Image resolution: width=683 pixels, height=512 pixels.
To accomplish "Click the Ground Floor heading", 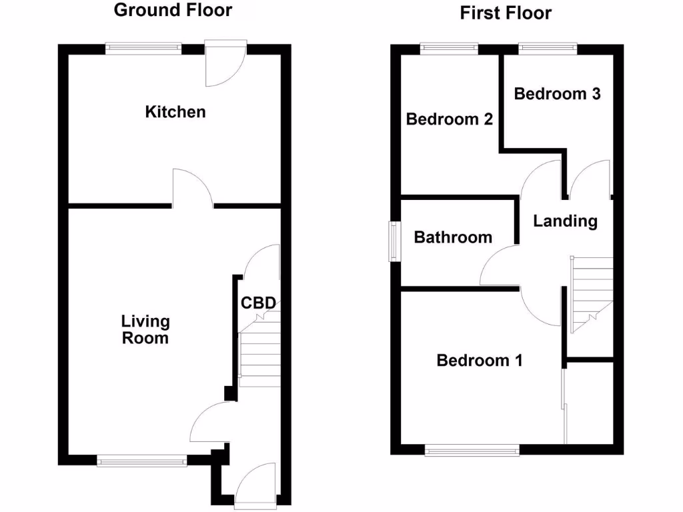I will (173, 10).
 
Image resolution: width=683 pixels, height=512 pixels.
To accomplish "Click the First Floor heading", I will (506, 13).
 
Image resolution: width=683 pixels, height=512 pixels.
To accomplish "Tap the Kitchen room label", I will (175, 112).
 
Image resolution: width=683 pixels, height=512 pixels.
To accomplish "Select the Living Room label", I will (145, 330).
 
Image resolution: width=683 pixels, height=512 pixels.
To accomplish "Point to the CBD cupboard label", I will (258, 303).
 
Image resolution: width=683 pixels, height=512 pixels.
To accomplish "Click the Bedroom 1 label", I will (479, 361).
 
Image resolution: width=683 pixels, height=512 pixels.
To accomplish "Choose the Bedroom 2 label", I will (450, 119).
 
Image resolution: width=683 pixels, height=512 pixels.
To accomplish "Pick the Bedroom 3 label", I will (557, 94).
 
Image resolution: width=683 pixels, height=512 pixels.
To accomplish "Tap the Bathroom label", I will (453, 237).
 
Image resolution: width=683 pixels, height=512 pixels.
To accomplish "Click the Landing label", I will (565, 221).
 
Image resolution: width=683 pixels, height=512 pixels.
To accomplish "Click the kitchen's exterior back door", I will (225, 65).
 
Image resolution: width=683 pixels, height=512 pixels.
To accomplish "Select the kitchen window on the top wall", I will (143, 47).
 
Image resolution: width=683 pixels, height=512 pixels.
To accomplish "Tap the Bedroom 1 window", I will (472, 451).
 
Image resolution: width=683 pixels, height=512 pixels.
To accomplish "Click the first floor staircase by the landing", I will (591, 293).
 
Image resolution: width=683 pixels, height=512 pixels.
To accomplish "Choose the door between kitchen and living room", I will (192, 188).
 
